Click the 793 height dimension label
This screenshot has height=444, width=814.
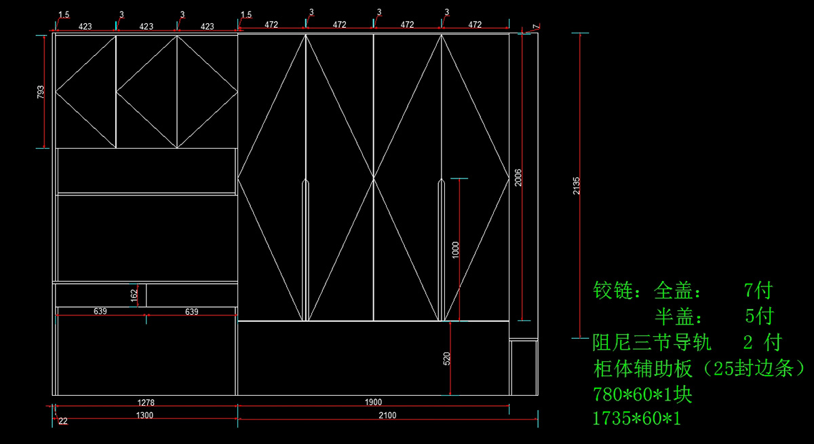pyautogui.click(x=41, y=92)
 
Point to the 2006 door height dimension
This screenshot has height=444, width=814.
pyautogui.click(x=518, y=177)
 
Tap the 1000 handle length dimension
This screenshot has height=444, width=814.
pyautogui.click(x=455, y=250)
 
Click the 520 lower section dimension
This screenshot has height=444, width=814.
pyautogui.click(x=446, y=359)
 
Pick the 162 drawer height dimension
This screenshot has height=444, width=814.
pyautogui.click(x=134, y=295)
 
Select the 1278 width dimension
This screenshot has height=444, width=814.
pyautogui.click(x=145, y=403)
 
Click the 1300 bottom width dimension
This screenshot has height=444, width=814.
pyautogui.click(x=145, y=415)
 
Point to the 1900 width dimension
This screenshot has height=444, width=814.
pyautogui.click(x=373, y=403)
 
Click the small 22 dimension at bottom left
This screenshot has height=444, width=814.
pyautogui.click(x=63, y=421)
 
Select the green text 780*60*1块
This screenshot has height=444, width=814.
pyautogui.click(x=642, y=394)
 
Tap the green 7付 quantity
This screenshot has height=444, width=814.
pyautogui.click(x=758, y=292)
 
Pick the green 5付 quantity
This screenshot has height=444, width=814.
pyautogui.click(x=758, y=316)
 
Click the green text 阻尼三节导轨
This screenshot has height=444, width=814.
pyautogui.click(x=652, y=341)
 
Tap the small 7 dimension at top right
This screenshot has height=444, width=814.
pyautogui.click(x=535, y=26)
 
